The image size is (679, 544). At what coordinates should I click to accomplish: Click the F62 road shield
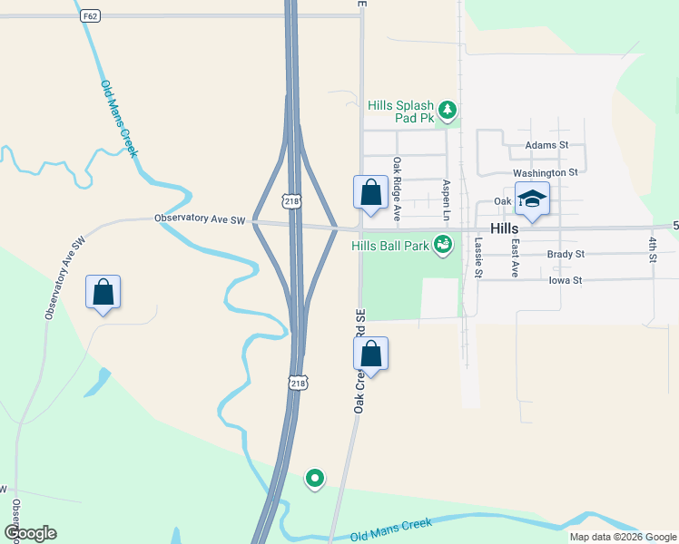(89, 16)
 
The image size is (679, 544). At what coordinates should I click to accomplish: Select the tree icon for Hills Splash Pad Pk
(447, 111)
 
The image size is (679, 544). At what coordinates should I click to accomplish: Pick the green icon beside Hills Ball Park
(443, 244)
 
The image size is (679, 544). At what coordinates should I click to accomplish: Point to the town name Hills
(504, 229)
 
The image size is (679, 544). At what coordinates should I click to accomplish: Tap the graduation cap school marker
(532, 199)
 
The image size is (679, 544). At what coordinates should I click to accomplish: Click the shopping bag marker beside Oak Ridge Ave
(370, 193)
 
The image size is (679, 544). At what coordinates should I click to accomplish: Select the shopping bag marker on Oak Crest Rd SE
(370, 354)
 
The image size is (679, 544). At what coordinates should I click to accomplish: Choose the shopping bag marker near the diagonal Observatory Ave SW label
(103, 292)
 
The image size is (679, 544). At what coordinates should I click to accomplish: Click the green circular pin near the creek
(315, 477)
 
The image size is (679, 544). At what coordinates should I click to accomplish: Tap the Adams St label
(546, 145)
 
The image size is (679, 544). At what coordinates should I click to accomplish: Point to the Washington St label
(545, 172)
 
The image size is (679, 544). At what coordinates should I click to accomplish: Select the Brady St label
(566, 255)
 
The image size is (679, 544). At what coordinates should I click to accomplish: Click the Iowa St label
(565, 281)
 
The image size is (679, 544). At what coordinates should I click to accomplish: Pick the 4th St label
(653, 249)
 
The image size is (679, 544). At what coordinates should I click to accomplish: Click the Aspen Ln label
(446, 199)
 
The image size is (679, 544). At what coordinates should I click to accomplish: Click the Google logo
(31, 533)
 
